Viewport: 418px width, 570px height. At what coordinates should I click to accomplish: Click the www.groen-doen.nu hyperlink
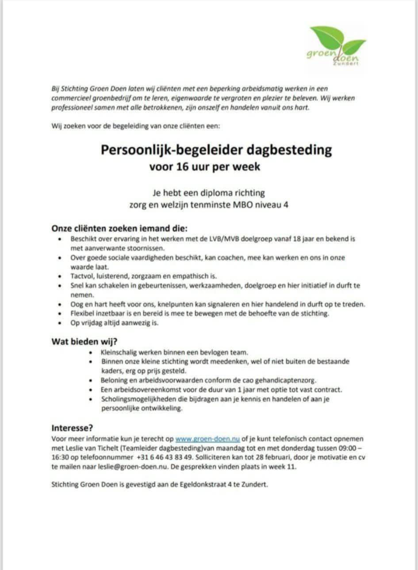pos(207,439)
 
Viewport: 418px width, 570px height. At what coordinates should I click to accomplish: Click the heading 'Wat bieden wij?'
pos(84,341)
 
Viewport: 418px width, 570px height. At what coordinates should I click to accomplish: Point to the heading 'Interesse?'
pos(72,428)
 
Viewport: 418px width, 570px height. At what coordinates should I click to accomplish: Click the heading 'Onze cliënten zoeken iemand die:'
pos(119,229)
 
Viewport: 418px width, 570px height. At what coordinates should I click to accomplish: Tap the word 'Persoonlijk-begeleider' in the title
pos(172,149)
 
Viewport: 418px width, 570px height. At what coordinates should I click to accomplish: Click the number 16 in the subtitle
pos(185,167)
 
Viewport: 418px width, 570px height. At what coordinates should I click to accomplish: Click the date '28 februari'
pos(260,457)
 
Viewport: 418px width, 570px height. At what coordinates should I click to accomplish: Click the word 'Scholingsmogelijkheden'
pos(138,399)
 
